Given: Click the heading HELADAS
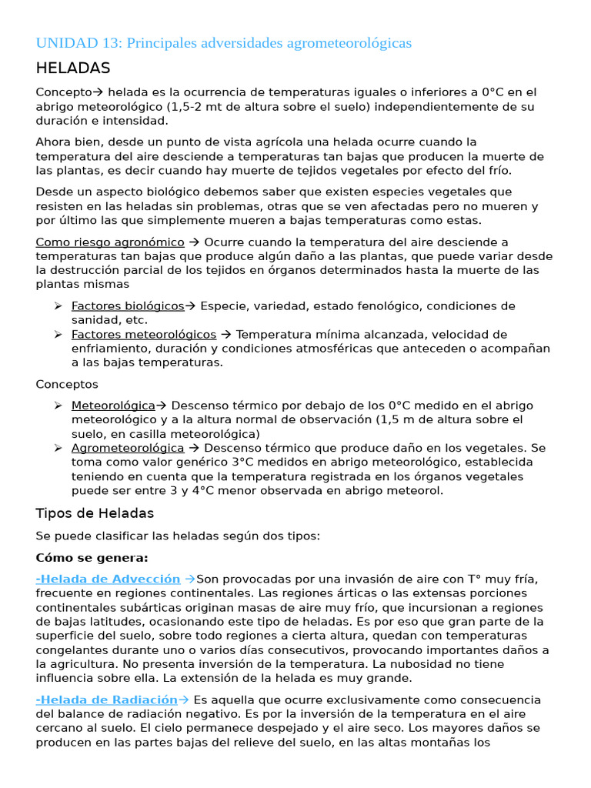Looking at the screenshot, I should coord(73,68).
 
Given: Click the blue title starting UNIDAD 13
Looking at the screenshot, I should coord(223,43).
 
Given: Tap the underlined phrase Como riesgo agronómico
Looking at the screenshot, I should coord(110,242).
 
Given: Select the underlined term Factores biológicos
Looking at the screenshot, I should coord(128,306).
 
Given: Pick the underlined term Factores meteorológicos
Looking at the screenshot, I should coord(144,335).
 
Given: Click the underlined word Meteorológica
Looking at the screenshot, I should coord(114,406).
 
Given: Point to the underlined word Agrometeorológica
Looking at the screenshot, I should coord(128,448).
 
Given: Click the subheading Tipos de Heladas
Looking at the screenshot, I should coord(95,513).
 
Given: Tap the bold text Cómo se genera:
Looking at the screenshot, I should coord(92,557).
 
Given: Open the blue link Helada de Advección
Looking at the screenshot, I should coord(109,579).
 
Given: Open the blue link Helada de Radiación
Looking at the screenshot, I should coord(107,700).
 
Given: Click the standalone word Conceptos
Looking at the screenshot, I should coord(67,384).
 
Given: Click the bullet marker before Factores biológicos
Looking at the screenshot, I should coord(58,306).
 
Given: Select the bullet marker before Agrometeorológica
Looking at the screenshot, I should coord(58,448).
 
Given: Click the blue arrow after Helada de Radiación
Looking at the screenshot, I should coord(184,700).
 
